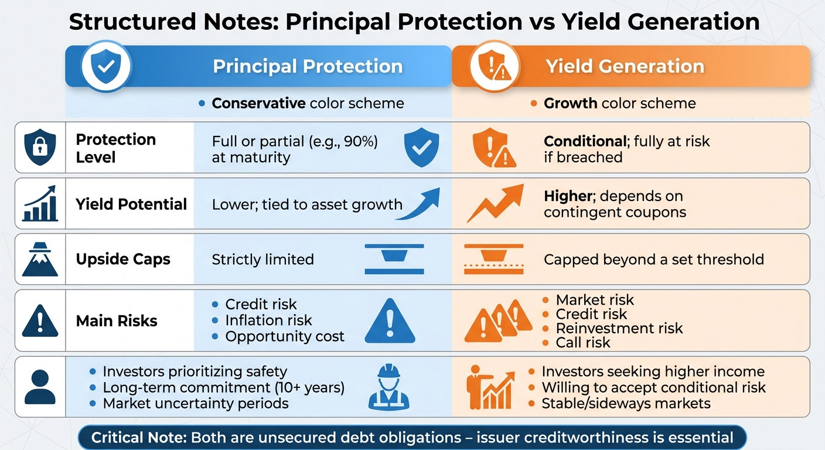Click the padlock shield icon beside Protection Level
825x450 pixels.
40,148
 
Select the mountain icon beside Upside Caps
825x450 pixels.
40,259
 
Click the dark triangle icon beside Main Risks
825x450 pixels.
40,321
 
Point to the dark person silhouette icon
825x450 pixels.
40,387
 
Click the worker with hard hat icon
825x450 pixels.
388,387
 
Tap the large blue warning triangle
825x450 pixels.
389,321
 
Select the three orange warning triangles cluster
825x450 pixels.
498,321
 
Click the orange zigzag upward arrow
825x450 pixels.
495,203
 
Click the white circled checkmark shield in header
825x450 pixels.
106,66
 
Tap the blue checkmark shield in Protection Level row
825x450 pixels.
422,148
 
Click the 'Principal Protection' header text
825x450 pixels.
307,66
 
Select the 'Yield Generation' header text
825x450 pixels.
625,66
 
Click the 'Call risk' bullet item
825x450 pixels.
582,343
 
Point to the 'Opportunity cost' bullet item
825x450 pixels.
284,336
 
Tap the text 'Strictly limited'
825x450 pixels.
262,259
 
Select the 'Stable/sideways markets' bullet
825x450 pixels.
625,403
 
